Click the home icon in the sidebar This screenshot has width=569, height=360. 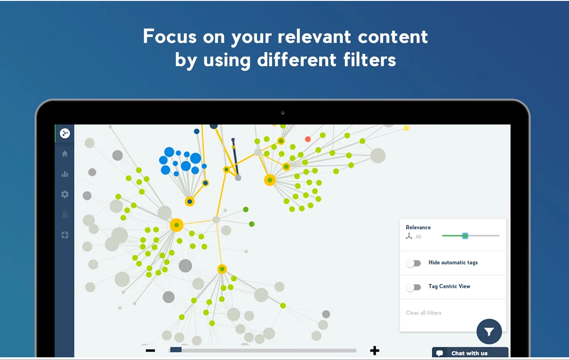tap(65, 154)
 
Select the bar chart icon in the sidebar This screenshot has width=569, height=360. tap(65, 174)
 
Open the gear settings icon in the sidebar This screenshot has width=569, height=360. tap(65, 194)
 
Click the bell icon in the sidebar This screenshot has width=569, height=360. tap(65, 215)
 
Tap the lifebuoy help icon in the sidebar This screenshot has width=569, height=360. tap(65, 235)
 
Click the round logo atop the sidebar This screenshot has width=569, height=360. tap(65, 133)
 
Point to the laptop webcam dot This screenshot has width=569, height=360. tap(283, 113)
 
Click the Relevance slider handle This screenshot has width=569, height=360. tap(465, 236)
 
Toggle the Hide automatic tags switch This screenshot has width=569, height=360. tap(414, 263)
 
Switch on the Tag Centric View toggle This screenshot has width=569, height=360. tap(414, 287)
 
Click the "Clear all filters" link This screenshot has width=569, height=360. tap(423, 313)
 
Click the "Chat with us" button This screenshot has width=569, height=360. tap(469, 353)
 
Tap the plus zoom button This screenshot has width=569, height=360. tap(374, 351)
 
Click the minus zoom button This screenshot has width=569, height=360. tap(150, 351)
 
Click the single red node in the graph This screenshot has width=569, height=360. tap(308, 139)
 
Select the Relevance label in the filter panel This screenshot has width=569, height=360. tap(418, 227)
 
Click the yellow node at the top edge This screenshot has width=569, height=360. tap(406, 128)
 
